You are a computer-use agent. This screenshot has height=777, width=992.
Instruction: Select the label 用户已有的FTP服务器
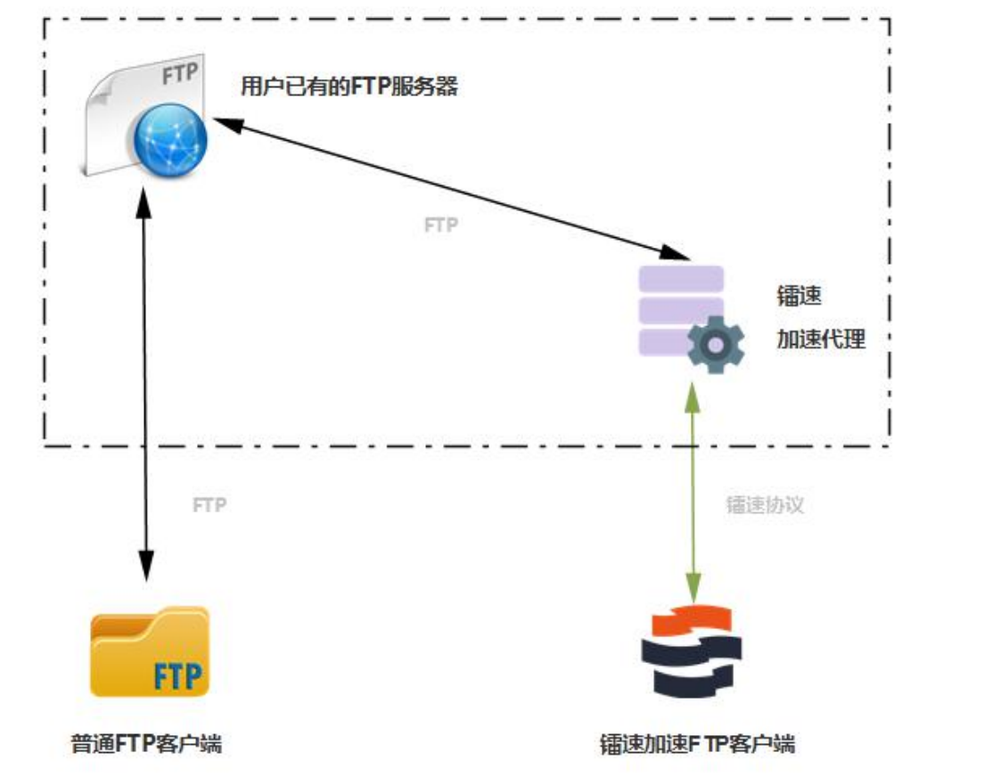point(348,87)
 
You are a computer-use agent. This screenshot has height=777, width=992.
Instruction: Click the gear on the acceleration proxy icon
point(716,344)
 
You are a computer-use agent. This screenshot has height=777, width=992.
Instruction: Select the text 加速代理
point(820,339)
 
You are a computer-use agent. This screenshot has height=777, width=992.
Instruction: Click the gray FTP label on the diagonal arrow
point(440,225)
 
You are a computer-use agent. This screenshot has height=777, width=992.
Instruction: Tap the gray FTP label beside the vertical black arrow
point(209,505)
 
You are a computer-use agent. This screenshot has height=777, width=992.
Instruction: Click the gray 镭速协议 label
point(765,505)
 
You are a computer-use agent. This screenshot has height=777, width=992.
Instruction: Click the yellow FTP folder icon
point(149,651)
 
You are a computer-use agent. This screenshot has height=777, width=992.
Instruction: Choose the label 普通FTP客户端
point(146,743)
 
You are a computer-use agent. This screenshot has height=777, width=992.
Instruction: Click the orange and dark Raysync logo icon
point(692,650)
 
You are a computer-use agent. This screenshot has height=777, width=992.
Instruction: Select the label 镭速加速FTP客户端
point(698,744)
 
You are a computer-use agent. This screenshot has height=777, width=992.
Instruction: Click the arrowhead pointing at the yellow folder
point(143,567)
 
